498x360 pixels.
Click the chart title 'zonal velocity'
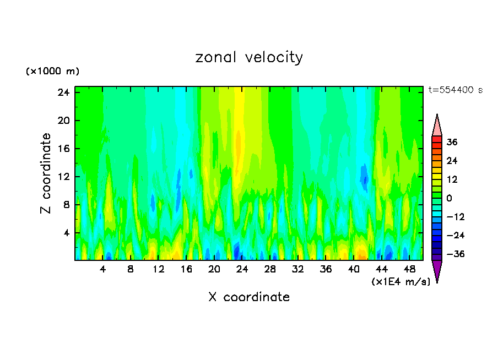point(249,57)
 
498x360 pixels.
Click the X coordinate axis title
point(249,297)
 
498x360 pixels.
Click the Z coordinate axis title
point(46,173)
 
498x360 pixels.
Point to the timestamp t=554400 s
point(455,90)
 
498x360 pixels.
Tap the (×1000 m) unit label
point(52,72)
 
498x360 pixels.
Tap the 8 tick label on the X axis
point(131,270)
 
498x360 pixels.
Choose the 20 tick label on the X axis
point(214,270)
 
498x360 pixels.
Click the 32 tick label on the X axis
point(298,270)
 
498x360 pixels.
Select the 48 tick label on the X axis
point(409,270)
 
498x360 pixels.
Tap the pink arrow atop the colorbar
point(437,126)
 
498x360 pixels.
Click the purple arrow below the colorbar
point(437,271)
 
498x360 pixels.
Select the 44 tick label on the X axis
point(382,270)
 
